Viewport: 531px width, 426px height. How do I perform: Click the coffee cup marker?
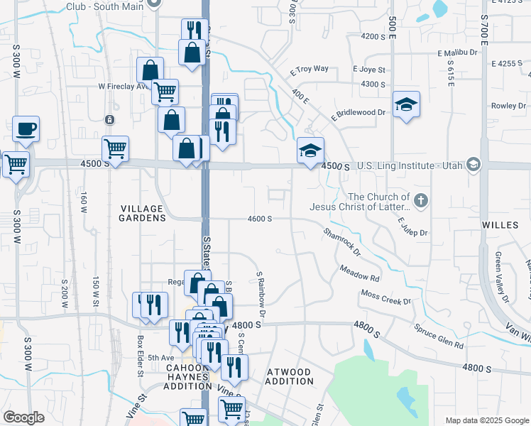[26, 129]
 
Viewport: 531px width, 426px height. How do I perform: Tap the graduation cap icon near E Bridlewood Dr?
[405, 104]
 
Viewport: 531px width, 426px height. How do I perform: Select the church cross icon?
[421, 200]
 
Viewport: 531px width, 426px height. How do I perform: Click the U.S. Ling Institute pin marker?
[473, 165]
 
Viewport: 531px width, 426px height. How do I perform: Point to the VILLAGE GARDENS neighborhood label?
[142, 213]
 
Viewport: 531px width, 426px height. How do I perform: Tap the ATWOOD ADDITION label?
[289, 376]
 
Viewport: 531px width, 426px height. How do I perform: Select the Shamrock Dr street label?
[342, 242]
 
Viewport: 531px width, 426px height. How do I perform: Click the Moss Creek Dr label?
[386, 297]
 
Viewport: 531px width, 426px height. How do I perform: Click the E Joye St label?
[369, 70]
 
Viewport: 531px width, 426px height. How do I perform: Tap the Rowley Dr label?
[508, 106]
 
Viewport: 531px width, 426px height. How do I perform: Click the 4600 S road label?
[261, 219]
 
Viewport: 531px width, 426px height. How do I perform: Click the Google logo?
[24, 417]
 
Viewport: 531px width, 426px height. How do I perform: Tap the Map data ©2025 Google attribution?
[486, 420]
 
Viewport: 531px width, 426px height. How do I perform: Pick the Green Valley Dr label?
[503, 277]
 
